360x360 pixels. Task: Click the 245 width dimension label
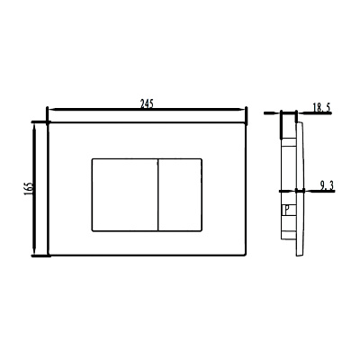147,103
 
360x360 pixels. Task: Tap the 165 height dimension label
28,189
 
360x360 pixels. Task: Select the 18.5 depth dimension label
321,108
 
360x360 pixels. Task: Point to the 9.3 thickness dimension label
327,186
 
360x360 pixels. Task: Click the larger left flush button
125,195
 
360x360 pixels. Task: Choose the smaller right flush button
180,195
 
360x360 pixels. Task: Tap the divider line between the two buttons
157,195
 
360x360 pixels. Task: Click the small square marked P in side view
287,210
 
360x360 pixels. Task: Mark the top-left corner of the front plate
48,122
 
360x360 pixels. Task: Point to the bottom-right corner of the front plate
246,256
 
